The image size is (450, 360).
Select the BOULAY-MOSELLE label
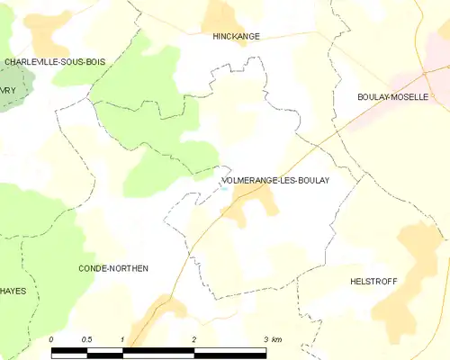click(x=392, y=96)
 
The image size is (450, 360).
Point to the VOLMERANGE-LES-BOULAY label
click(x=274, y=180)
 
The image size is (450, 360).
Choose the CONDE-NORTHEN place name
click(x=112, y=268)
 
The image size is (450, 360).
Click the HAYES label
click(x=13, y=291)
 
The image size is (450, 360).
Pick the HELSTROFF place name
click(x=373, y=281)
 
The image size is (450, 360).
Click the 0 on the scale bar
click(x=52, y=338)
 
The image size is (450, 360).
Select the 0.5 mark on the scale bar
click(x=86, y=338)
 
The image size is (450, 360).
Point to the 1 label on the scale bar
click(x=121, y=338)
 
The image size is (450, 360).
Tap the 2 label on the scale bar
click(x=193, y=338)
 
